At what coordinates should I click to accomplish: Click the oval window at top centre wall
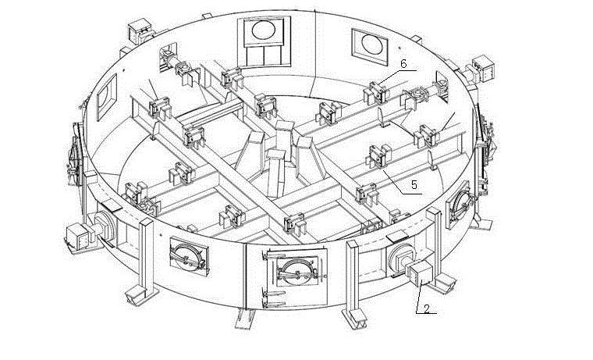(x=263, y=33)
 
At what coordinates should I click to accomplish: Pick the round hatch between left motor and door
(x=187, y=257)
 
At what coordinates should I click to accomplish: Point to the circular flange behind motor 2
(x=400, y=257)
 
